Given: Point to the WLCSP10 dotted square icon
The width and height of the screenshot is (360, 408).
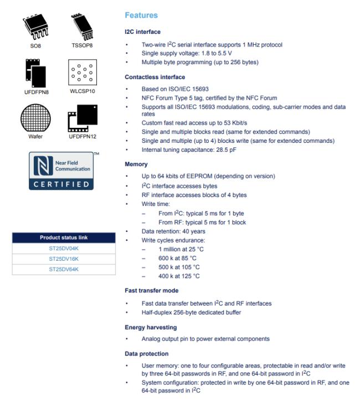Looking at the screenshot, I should click(x=81, y=73).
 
